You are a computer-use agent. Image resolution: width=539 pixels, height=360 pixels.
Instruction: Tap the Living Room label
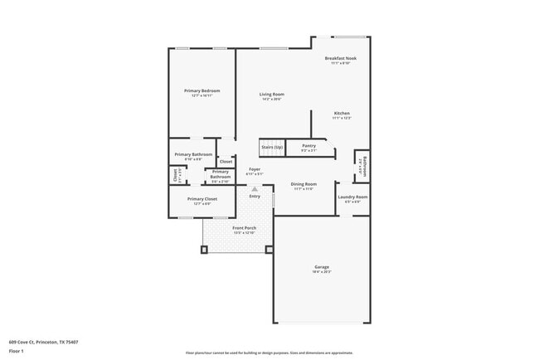coord(272,95)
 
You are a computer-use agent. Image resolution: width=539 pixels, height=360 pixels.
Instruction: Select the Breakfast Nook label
coord(340,58)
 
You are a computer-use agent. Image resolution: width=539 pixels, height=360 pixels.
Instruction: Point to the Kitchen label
coord(342,113)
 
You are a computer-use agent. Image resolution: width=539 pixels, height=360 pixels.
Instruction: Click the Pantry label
coord(308,146)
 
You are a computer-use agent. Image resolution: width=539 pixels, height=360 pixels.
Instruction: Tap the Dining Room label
coord(303,183)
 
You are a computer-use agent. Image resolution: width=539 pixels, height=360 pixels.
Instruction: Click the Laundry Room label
coord(352,197)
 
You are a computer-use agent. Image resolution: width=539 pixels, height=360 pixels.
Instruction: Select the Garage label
coord(322,266)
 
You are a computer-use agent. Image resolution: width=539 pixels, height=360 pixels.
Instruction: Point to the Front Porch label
coord(244,228)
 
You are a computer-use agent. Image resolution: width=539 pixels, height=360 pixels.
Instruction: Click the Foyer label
coord(255,169)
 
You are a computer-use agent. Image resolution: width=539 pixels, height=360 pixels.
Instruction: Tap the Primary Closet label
coord(202,199)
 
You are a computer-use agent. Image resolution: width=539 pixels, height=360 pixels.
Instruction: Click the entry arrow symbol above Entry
coord(255,189)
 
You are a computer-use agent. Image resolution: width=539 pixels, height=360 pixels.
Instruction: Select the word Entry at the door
coord(255,197)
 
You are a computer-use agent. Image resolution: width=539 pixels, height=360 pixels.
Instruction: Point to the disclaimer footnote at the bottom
coord(269,352)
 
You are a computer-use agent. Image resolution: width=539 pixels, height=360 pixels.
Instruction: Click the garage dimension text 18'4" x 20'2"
coord(322,271)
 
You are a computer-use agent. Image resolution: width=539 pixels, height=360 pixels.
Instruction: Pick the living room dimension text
coord(272,100)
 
